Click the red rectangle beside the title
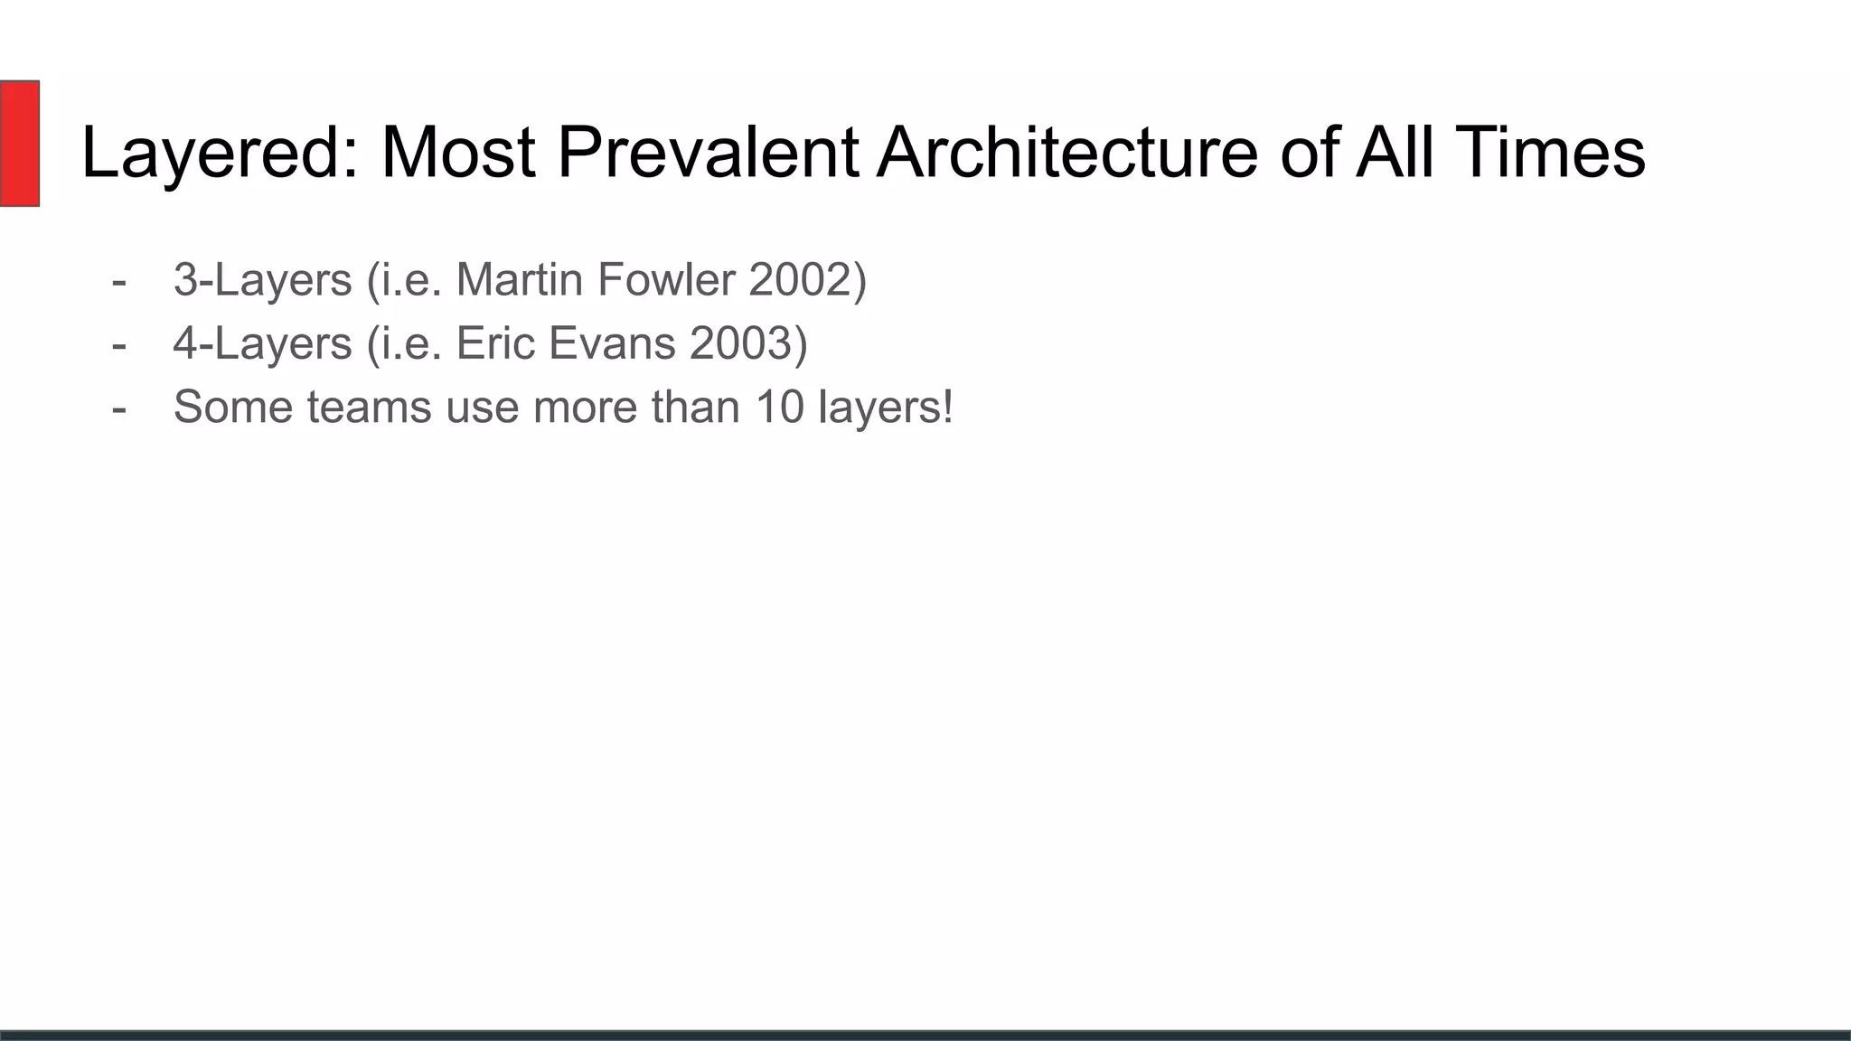click(19, 143)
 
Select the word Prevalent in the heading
click(708, 152)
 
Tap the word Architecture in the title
click(1067, 152)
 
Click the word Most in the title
click(458, 152)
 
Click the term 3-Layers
click(262, 279)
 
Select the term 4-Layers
click(262, 343)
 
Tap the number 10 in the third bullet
click(779, 407)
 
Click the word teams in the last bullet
click(369, 407)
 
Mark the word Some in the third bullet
click(233, 407)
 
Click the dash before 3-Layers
click(118, 281)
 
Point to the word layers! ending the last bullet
click(885, 407)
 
